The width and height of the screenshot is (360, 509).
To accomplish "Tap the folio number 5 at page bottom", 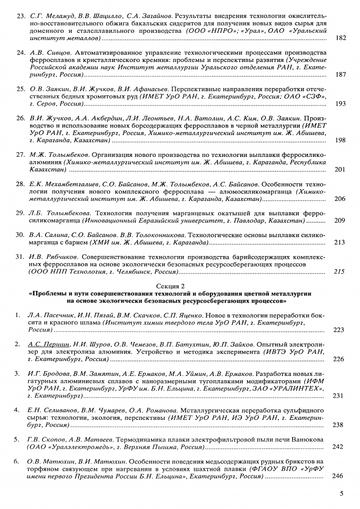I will (341, 494).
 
